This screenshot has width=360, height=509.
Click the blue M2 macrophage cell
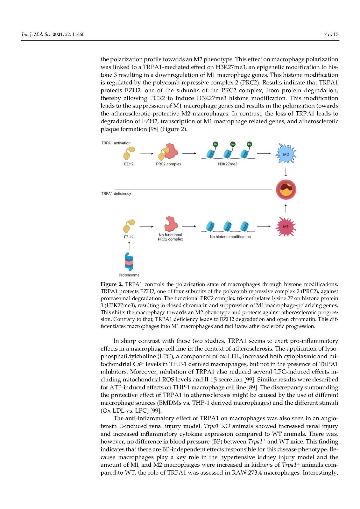click(286, 154)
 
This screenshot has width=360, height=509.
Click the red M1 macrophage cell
click(286, 227)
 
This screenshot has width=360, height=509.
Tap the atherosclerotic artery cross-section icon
click(286, 190)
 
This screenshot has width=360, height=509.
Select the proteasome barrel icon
click(129, 262)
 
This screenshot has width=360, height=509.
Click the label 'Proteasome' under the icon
click(129, 275)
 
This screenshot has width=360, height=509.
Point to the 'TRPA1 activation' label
click(116, 143)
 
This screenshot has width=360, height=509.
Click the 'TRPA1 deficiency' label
click(116, 194)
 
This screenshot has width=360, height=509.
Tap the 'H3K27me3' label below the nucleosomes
click(228, 164)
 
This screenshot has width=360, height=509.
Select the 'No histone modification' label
click(230, 237)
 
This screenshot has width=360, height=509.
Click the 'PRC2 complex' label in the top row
click(168, 164)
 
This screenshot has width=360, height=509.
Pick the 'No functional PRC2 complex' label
click(170, 237)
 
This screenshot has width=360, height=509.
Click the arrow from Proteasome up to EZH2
click(129, 245)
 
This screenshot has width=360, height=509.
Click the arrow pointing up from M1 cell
click(286, 208)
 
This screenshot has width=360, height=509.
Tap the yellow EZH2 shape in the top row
click(129, 153)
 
